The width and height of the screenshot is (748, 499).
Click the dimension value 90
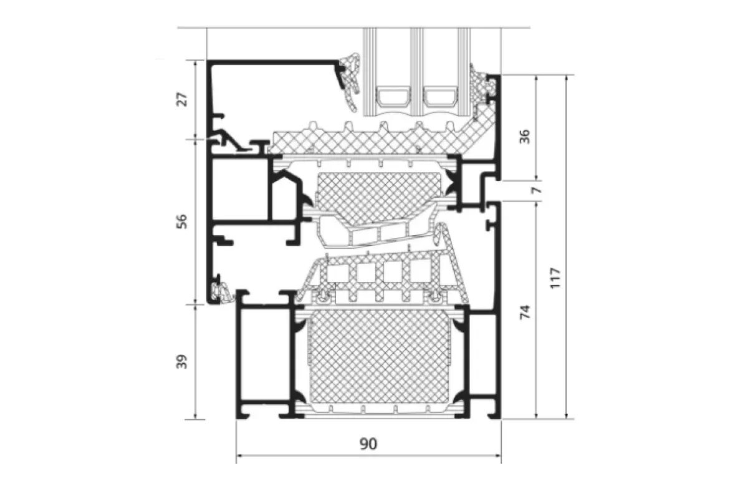tap(368, 444)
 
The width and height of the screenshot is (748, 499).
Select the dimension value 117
tap(555, 278)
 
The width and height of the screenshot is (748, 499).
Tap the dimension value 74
tap(525, 312)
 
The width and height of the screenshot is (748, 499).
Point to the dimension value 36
tap(525, 137)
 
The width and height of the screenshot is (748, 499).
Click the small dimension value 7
tap(536, 191)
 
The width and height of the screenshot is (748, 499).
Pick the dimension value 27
tap(182, 99)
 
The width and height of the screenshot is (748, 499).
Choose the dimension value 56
tap(182, 221)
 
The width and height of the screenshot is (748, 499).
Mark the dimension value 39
tap(182, 362)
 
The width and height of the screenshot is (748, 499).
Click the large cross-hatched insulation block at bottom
tap(379, 356)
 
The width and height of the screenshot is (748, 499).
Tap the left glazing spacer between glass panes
tap(393, 97)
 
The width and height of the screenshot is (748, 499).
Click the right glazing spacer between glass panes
tap(440, 97)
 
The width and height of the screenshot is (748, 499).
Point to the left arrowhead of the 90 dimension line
tap(239, 455)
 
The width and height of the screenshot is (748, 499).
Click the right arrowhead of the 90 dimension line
tap(498, 455)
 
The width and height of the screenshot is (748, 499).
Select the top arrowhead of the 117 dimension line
tap(567, 78)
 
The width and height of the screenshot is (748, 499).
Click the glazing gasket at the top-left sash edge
tap(350, 82)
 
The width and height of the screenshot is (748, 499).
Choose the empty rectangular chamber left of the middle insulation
tap(240, 190)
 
